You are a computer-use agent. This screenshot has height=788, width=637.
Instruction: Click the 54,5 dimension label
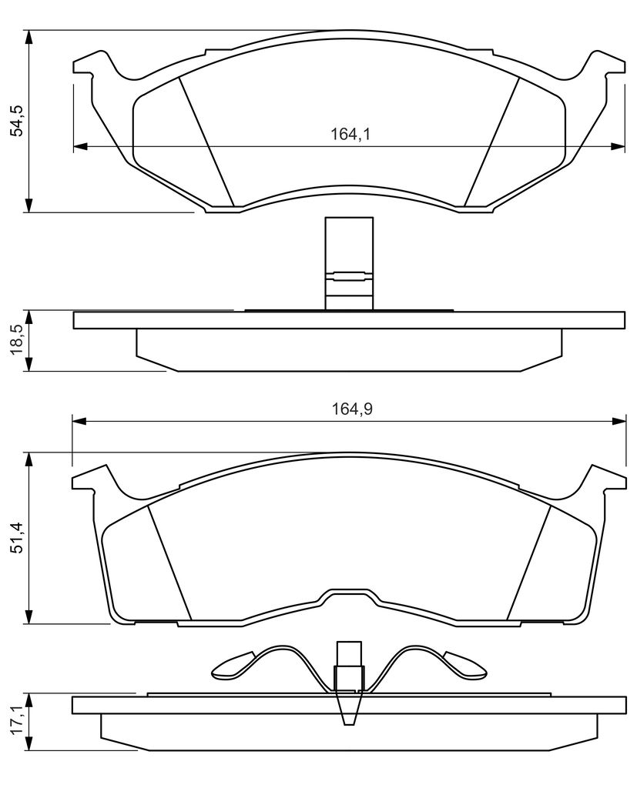pyautogui.click(x=18, y=121)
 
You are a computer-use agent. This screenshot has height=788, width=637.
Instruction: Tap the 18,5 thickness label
pyautogui.click(x=18, y=340)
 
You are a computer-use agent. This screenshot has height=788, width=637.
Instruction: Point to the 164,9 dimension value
pyautogui.click(x=352, y=409)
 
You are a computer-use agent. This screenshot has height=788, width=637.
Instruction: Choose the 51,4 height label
pyautogui.click(x=18, y=538)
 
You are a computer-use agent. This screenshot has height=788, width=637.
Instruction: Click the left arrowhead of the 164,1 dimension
pyautogui.click(x=81, y=146)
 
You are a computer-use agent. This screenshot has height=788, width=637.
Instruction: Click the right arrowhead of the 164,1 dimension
pyautogui.click(x=617, y=146)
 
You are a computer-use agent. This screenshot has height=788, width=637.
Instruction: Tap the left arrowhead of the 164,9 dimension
pyautogui.click(x=80, y=421)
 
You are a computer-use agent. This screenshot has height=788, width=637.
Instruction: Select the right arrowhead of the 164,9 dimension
pyautogui.click(x=619, y=421)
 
